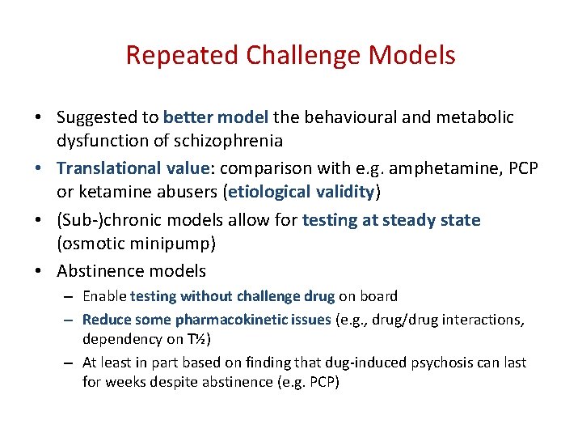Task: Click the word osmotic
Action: [96, 243]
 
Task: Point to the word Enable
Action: [104, 296]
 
